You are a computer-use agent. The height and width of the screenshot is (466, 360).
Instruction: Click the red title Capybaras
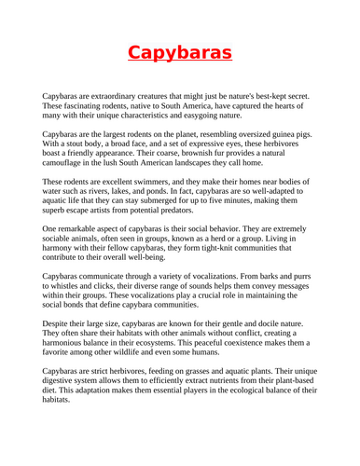point(179,51)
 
